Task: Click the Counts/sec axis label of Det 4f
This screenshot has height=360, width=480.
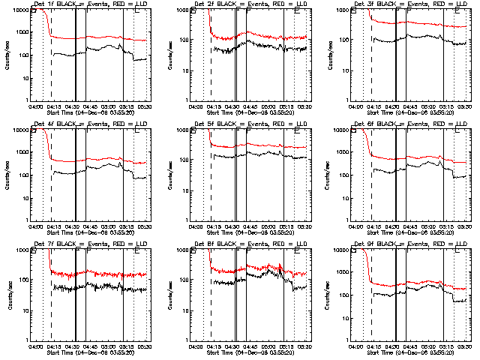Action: pyautogui.click(x=7, y=175)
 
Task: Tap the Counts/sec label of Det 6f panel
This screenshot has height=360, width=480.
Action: pyautogui.click(x=327, y=175)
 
